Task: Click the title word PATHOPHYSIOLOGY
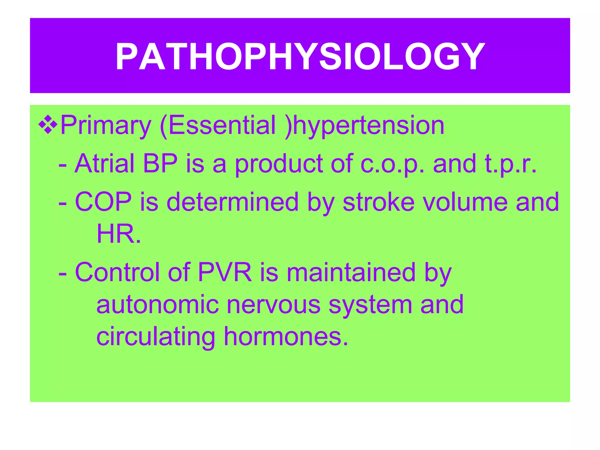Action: [300, 57]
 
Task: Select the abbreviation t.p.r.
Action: [510, 164]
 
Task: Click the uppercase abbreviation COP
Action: [103, 202]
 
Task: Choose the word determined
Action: [232, 202]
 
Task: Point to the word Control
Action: [117, 272]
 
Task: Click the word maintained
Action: [351, 272]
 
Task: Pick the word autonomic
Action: [157, 305]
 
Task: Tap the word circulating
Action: [156, 337]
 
